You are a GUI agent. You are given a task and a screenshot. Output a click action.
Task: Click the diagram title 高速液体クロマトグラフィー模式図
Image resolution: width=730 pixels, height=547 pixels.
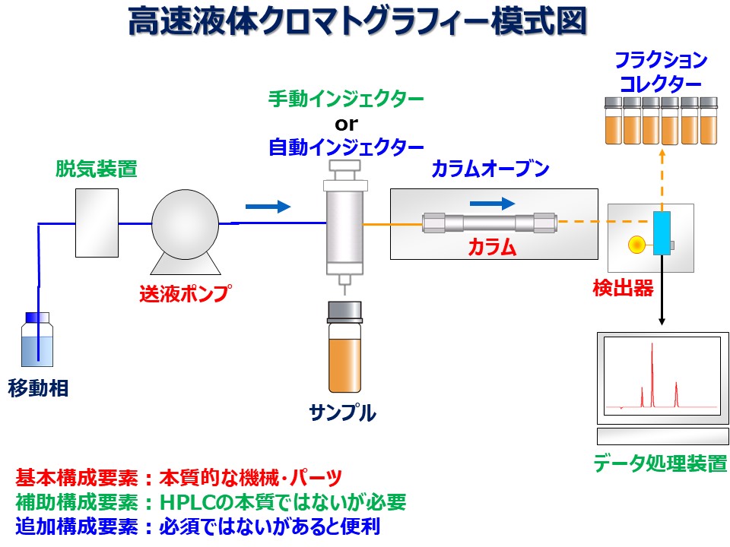(x=357, y=21)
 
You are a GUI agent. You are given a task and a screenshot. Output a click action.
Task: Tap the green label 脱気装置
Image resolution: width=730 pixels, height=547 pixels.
(x=97, y=169)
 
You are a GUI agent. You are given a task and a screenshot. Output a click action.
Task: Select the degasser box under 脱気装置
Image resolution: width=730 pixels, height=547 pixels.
(x=97, y=223)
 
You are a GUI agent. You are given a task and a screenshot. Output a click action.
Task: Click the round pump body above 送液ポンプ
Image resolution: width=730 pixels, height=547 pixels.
(x=186, y=224)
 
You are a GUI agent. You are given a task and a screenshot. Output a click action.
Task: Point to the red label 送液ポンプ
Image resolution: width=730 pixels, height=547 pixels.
(x=185, y=293)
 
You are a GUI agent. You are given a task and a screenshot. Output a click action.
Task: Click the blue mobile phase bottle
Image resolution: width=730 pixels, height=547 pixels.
(x=37, y=340)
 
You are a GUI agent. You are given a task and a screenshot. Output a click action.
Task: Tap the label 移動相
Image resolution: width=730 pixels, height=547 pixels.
(x=38, y=388)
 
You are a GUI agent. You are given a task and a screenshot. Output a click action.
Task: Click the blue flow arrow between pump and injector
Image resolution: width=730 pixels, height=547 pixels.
(x=268, y=206)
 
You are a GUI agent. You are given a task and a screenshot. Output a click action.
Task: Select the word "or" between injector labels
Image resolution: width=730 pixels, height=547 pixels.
(x=347, y=124)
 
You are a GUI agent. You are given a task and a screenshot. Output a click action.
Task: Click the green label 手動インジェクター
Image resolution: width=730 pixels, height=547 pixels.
(x=346, y=99)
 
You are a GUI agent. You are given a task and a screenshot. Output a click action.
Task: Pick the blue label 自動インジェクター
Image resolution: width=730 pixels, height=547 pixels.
(x=346, y=147)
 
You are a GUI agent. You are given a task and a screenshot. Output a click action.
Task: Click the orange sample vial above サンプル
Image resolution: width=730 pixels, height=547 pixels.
(x=344, y=347)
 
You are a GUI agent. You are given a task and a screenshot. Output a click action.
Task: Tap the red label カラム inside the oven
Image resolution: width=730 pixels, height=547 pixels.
(x=492, y=247)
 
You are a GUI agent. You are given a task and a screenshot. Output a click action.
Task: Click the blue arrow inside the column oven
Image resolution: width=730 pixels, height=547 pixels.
(x=493, y=204)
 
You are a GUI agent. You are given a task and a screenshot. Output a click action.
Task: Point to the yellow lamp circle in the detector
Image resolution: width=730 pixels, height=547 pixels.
(x=636, y=245)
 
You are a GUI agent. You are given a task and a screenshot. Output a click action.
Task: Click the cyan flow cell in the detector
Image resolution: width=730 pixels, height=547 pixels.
(x=662, y=233)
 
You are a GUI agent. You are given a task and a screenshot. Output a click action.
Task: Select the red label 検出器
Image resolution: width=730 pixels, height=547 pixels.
(x=623, y=289)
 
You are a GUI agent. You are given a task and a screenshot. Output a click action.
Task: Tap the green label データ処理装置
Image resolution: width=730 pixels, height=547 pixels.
(x=660, y=463)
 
